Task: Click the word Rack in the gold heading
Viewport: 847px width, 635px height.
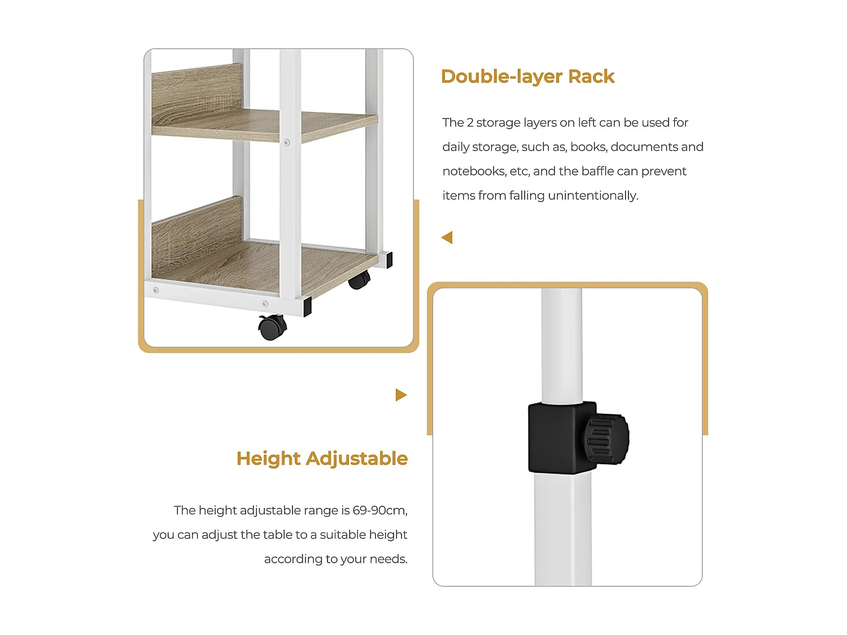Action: (x=591, y=76)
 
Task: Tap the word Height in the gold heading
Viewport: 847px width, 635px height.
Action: (x=268, y=458)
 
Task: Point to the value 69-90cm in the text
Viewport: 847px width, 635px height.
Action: (x=379, y=510)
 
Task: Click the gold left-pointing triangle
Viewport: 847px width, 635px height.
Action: (x=447, y=238)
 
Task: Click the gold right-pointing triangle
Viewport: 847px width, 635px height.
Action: (x=401, y=395)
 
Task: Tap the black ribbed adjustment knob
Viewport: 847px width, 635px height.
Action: (x=606, y=439)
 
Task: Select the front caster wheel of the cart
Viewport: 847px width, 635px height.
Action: (x=273, y=327)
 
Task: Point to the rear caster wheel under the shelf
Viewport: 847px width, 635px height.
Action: (x=359, y=279)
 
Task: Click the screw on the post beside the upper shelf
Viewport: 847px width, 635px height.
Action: (x=287, y=143)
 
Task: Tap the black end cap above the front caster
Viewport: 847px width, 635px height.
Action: (x=307, y=307)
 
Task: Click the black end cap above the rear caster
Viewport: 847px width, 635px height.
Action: (x=389, y=260)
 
